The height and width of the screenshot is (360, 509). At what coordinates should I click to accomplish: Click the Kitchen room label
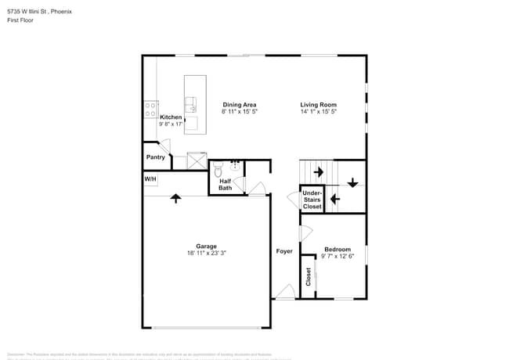[x=171, y=117]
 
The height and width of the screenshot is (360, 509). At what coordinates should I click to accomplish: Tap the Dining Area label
[x=240, y=105]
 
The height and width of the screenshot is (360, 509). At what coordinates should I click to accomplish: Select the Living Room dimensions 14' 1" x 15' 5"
[x=318, y=112]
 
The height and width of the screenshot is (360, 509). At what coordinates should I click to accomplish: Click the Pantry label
[x=155, y=157]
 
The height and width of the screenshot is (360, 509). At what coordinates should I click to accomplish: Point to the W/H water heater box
[x=150, y=179]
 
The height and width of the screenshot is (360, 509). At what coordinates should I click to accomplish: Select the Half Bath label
[x=225, y=184]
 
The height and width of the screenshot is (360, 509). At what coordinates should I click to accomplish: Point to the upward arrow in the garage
[x=175, y=198]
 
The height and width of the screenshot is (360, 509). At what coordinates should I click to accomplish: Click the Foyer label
[x=283, y=251]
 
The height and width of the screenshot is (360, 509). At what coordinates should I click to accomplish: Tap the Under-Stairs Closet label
[x=312, y=200]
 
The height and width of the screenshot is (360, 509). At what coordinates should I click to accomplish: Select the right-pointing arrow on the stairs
[x=318, y=171]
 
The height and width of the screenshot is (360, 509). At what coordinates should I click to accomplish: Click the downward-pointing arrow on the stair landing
[x=352, y=182]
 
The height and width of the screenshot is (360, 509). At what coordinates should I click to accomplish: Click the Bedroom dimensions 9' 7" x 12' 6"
[x=338, y=256]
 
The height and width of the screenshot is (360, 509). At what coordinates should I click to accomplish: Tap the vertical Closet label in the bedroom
[x=309, y=276]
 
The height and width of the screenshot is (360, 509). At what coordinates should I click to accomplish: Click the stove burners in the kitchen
[x=150, y=110]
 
